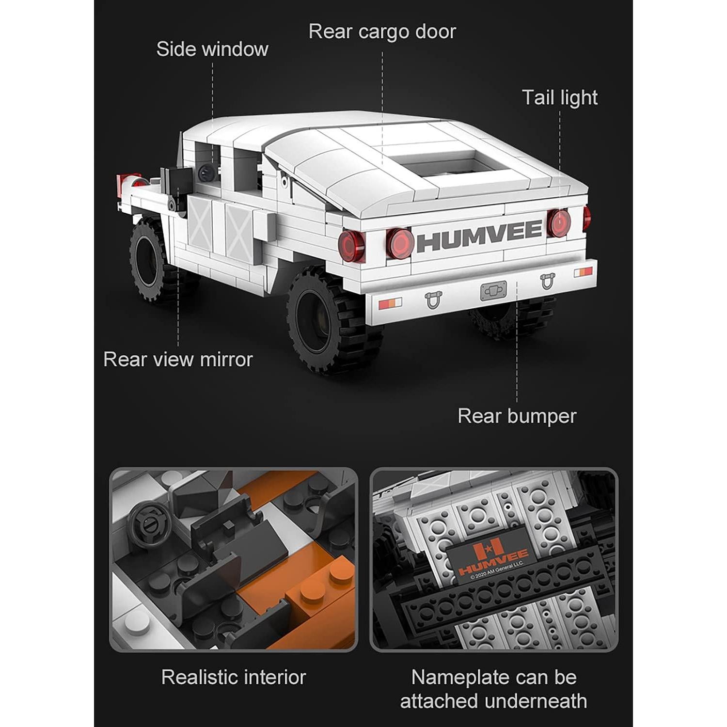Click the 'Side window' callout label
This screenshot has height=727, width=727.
click(212, 49)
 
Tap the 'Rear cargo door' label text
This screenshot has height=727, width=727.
click(382, 32)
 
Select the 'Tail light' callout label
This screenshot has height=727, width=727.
click(559, 97)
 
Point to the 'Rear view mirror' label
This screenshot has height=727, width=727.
click(178, 360)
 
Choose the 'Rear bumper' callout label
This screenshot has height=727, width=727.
click(517, 416)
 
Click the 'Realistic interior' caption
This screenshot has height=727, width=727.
click(234, 677)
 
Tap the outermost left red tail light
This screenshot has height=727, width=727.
click(351, 246)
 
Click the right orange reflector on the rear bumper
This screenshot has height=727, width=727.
click(583, 272)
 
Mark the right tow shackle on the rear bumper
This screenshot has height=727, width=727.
click(547, 281)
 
